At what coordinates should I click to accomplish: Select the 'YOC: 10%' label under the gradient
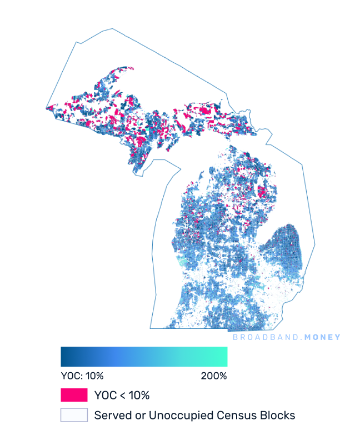pyautogui.click(x=82, y=376)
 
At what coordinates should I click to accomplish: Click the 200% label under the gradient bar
pyautogui.click(x=214, y=376)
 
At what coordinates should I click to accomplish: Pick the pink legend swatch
pyautogui.click(x=74, y=395)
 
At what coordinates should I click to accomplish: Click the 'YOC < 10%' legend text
pyautogui.click(x=122, y=396)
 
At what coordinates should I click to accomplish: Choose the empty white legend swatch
pyautogui.click(x=74, y=415)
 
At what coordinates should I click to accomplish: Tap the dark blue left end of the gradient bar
pyautogui.click(x=63, y=357)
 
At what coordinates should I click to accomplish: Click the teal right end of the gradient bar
pyautogui.click(x=224, y=357)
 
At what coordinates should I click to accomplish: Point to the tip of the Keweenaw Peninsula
pyautogui.click(x=132, y=68)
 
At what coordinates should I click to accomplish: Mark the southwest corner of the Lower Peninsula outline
pyautogui.click(x=151, y=328)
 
